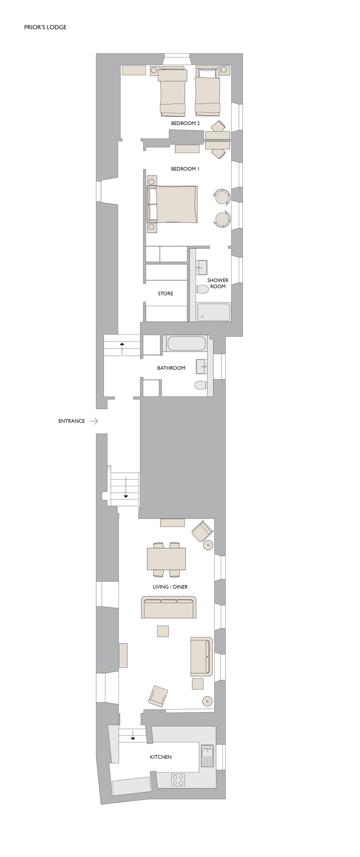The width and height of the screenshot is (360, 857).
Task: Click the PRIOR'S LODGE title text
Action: (45, 27)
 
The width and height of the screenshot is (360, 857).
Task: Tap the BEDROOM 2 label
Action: (185, 123)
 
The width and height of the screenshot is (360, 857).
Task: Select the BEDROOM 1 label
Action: (185, 169)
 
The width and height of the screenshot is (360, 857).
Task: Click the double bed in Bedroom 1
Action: (172, 204)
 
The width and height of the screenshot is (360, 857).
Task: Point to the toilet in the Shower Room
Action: (202, 289)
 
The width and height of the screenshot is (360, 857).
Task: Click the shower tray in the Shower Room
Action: (214, 312)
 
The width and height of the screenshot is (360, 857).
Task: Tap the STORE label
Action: (166, 293)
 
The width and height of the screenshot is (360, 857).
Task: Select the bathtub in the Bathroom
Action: (187, 343)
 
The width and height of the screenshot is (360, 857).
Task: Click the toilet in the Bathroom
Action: (201, 385)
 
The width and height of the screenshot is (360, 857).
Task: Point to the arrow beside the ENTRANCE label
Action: (94, 421)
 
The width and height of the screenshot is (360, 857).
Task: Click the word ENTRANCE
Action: (72, 421)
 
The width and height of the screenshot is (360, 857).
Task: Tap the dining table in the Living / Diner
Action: (166, 559)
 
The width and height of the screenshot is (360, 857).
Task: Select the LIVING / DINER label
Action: (170, 587)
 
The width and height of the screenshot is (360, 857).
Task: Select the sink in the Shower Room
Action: (202, 267)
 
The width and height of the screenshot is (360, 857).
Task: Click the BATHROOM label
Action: (171, 368)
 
